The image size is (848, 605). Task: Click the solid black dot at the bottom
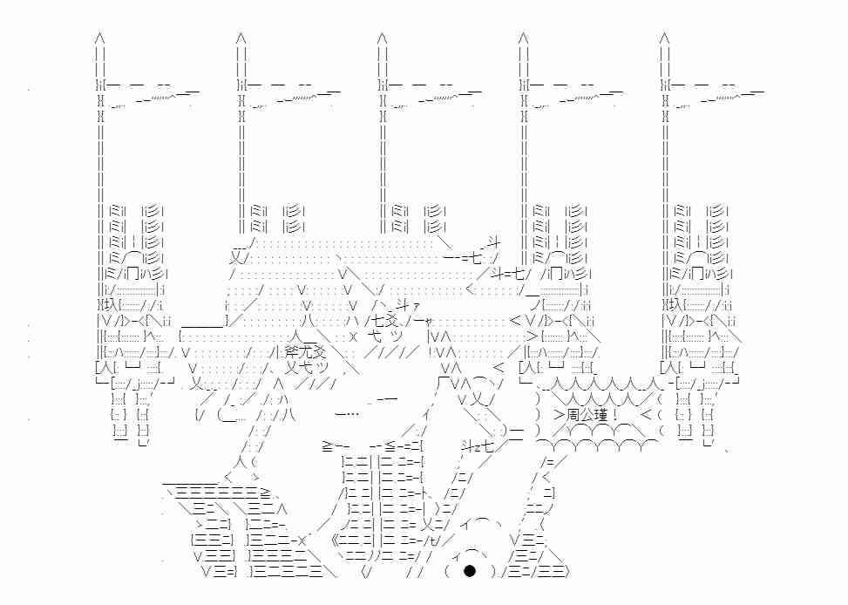tap(469, 572)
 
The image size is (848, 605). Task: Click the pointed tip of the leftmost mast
tap(100, 37)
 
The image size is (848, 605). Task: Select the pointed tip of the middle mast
tap(382, 37)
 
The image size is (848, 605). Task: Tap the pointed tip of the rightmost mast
tap(664, 37)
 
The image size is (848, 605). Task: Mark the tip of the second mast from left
tap(241, 37)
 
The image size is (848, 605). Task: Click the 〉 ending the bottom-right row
tap(566, 572)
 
